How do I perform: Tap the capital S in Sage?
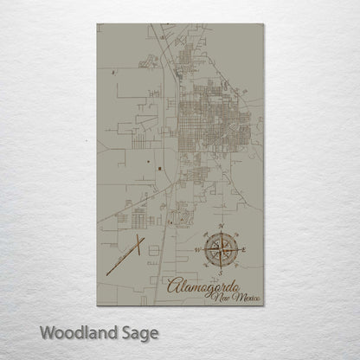click(126, 331)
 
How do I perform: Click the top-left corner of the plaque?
click(97, 24)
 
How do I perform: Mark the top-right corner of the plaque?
click(263, 24)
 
